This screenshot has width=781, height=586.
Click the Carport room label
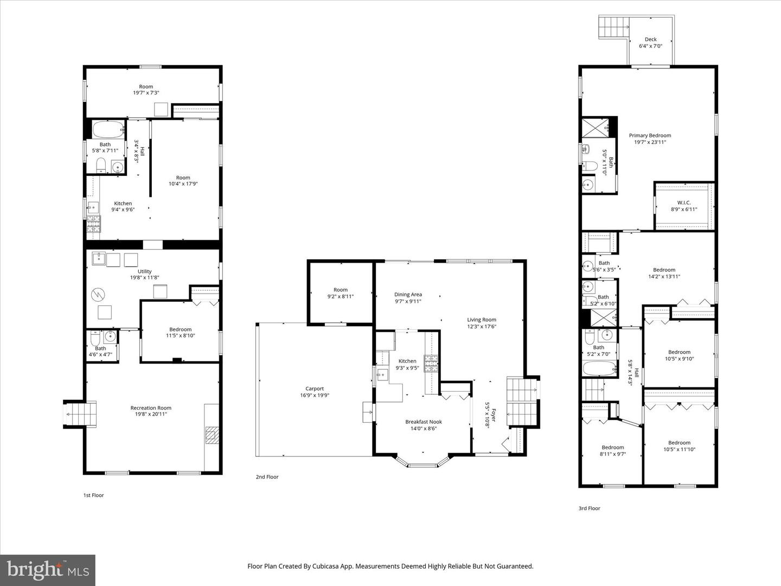pos(315,388)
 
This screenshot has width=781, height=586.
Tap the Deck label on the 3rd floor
pos(651,39)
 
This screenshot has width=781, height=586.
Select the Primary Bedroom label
pos(650,136)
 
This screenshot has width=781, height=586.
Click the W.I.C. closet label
pos(683,202)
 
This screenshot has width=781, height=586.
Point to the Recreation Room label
pos(151,408)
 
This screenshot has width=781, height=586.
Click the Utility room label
pos(144,271)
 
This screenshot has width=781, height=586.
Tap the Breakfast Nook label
pos(424,422)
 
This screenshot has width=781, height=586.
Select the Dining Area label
pos(408,295)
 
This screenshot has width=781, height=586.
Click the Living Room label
pos(482,320)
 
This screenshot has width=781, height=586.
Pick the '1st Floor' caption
pos(93,495)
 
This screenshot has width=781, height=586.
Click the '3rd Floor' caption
pos(589,508)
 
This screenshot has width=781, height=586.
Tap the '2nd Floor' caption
pos(267,477)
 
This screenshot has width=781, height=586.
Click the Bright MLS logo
pos(48,570)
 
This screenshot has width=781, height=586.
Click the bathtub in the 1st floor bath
pos(108,130)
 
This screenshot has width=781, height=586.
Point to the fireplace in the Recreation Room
pos(212,436)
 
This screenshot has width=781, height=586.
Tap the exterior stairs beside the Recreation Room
pos(80,415)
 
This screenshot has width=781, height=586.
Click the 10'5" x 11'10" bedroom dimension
pos(679,449)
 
